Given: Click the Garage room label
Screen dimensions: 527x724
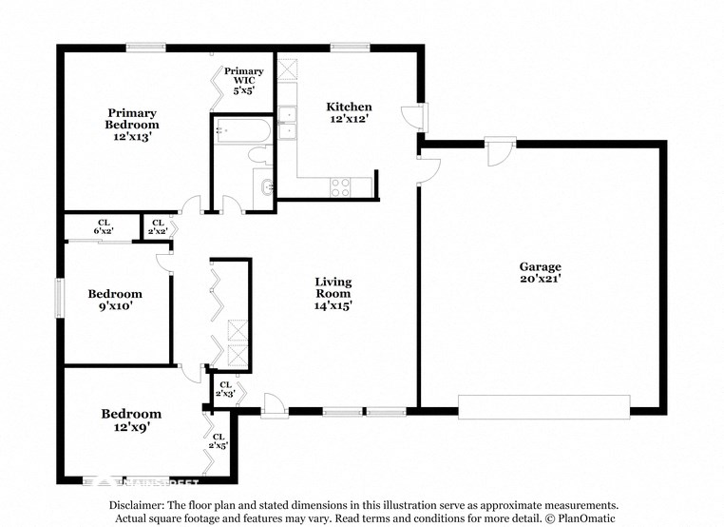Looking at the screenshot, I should point(540,272).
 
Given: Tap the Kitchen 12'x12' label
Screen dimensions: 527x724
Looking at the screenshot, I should point(349,112).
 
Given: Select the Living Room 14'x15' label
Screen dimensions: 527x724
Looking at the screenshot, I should point(333,294).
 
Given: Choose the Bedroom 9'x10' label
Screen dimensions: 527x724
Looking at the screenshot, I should point(115,300).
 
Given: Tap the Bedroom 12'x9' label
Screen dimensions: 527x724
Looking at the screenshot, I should point(131,420).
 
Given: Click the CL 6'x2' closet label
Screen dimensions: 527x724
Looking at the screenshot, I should point(104,227).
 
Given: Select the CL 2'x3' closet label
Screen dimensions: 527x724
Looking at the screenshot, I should point(224,388).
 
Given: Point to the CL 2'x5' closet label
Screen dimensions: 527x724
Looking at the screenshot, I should point(218,441).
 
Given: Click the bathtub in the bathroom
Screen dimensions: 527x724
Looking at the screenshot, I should point(243,131).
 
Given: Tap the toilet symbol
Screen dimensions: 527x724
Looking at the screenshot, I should point(257,156).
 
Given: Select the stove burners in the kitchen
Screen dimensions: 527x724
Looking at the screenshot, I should point(341,187).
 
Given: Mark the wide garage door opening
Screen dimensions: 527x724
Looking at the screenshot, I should point(543,406).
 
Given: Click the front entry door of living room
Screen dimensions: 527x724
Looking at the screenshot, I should point(274,406).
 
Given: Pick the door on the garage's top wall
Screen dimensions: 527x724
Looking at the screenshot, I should point(500,150).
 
